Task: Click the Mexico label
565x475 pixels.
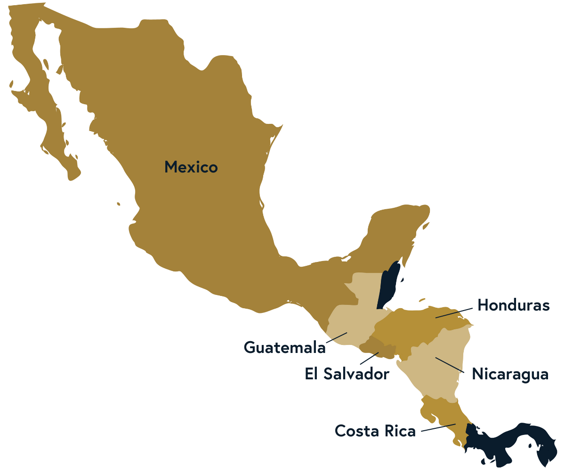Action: click(191, 167)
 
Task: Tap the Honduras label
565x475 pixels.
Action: click(513, 305)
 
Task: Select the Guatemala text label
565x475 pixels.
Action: click(284, 347)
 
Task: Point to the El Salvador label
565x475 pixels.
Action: click(347, 374)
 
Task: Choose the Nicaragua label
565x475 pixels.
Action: click(510, 374)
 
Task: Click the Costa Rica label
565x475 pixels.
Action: click(375, 430)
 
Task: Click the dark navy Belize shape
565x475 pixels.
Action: click(389, 285)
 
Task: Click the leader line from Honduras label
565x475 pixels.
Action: click(454, 313)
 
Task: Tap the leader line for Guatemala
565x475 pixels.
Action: click(336, 337)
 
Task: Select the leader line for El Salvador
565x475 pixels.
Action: click(370, 358)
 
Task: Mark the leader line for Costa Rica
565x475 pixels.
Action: click(438, 427)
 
